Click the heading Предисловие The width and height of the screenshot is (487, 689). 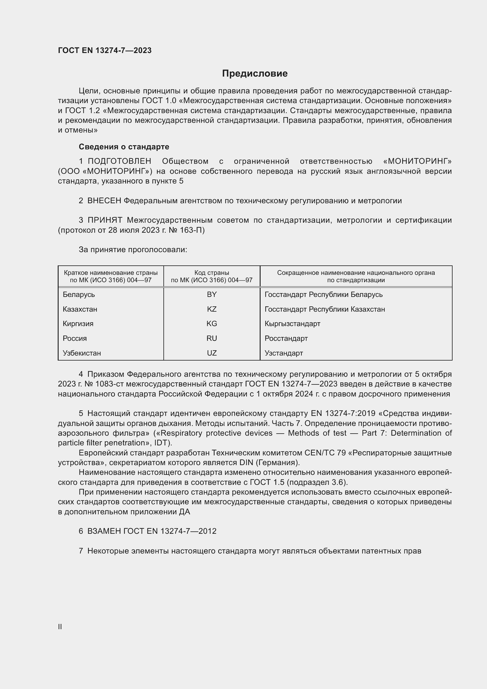pos(255,74)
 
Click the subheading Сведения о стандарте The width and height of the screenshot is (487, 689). pos(124,147)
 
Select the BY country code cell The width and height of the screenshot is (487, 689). pos(212,294)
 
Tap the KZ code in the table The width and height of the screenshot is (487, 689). pos(212,309)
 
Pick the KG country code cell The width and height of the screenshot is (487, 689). pos(212,323)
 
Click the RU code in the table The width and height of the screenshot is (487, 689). pos(212,338)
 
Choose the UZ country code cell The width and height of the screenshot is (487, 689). pos(212,353)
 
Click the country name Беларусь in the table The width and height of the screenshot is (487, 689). pos(79,294)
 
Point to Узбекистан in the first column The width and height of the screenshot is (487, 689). pos(82,353)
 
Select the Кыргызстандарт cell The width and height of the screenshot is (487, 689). pos(292,323)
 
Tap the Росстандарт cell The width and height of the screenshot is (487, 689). pos(286,338)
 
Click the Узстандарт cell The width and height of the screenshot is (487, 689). pos(284,353)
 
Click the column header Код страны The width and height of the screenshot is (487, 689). pos(212,273)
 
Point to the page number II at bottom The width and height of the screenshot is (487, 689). pos(60,627)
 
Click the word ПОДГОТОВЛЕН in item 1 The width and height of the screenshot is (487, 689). pos(119,161)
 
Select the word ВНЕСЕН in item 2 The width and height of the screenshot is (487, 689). pos(104,201)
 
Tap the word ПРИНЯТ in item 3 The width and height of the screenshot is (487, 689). pos(105,220)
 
